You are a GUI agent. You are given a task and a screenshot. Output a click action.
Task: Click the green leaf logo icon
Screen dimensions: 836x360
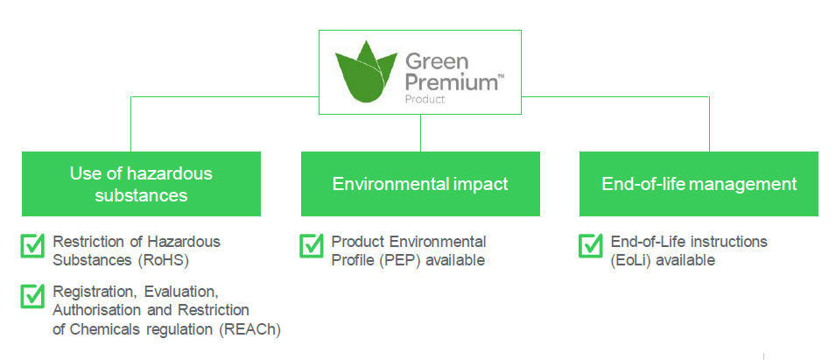tap(366, 72)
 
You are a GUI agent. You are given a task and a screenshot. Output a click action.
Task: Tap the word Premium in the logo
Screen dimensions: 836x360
tap(451, 83)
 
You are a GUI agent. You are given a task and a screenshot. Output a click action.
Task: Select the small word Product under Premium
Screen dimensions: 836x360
tap(425, 99)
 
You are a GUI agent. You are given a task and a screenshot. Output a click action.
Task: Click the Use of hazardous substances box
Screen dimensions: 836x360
tap(141, 184)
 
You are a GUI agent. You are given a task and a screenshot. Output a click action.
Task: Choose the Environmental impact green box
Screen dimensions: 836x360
tap(421, 184)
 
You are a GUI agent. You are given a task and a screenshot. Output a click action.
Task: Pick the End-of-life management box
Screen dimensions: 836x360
tap(699, 184)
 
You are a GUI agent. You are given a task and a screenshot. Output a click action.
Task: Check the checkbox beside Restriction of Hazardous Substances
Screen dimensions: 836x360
tap(32, 246)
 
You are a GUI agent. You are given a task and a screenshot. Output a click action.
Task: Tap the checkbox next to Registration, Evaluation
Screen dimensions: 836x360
tap(32, 296)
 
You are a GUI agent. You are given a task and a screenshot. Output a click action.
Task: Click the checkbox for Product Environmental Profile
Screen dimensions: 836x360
tap(312, 246)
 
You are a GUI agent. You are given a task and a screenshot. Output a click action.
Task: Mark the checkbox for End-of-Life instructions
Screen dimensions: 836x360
tap(591, 246)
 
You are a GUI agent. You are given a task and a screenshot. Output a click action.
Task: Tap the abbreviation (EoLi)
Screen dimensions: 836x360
tap(631, 261)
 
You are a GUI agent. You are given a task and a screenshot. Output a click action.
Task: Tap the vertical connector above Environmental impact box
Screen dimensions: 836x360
tap(421, 133)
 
